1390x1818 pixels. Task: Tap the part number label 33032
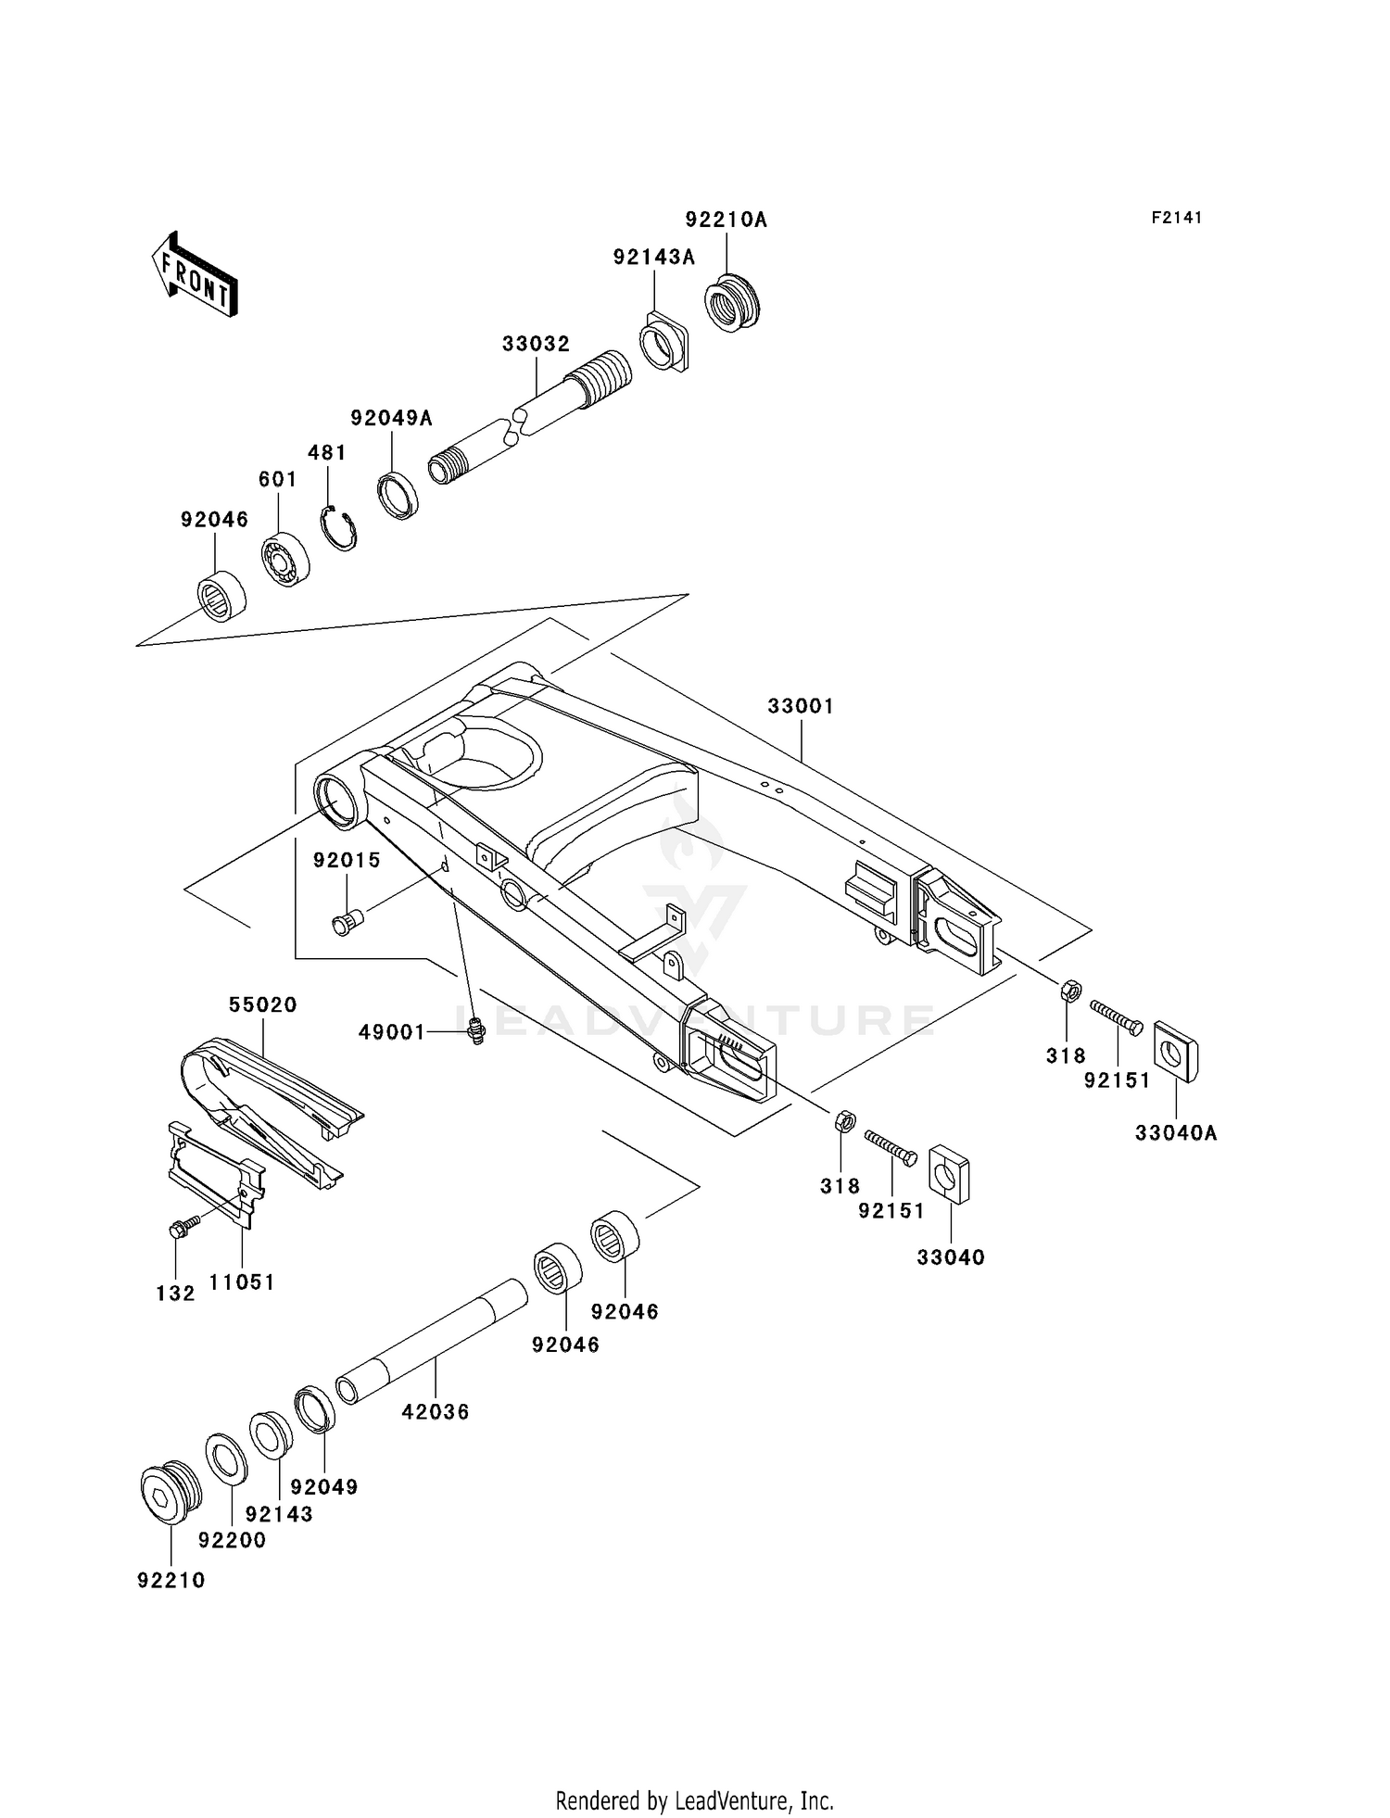tap(536, 344)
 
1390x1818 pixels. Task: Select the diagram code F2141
tap(1177, 218)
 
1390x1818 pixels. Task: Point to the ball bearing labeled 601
tap(284, 560)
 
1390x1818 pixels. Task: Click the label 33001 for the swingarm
tap(801, 706)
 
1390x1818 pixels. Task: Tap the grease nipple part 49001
tap(477, 1030)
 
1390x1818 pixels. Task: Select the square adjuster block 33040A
tap(1175, 1050)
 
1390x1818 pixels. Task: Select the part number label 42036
tap(436, 1412)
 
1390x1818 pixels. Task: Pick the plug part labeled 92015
tap(348, 922)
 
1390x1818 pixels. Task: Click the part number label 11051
tap(241, 1282)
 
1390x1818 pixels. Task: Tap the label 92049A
tap(391, 418)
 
